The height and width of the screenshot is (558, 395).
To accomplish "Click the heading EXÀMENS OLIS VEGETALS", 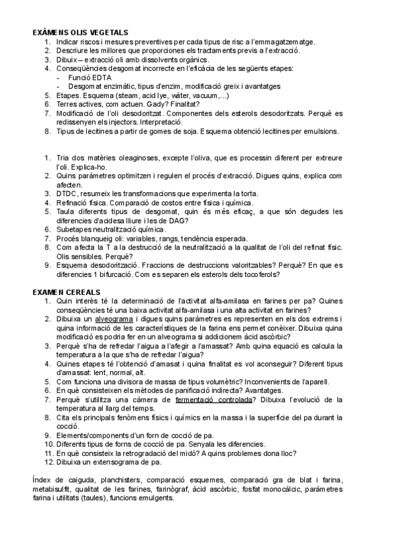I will click(x=80, y=32).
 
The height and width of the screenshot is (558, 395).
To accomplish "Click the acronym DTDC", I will click(x=66, y=193).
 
